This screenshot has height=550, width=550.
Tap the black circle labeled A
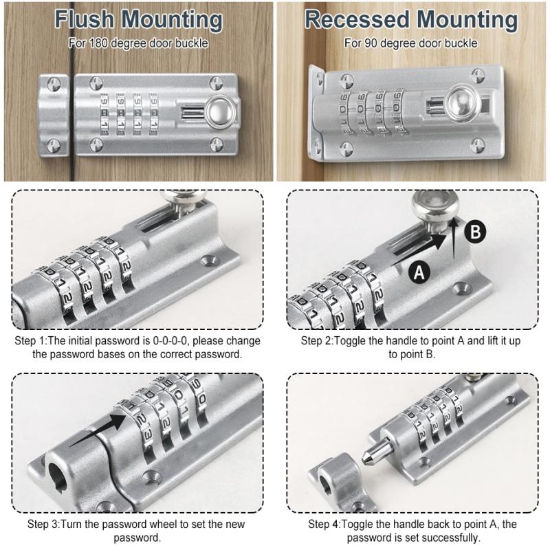[419, 272]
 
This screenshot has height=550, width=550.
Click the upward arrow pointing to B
[456, 238]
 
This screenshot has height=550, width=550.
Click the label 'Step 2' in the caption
[317, 341]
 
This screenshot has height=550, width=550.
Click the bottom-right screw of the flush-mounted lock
[217, 144]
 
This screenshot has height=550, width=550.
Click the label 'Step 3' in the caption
[43, 525]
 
